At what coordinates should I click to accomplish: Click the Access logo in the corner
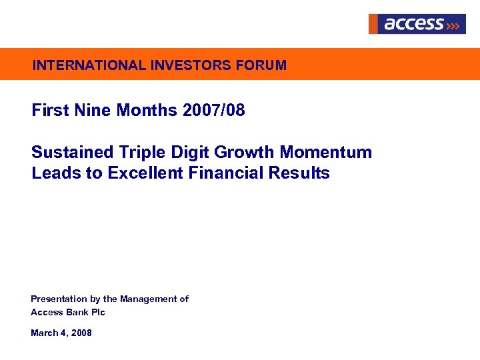[417, 24]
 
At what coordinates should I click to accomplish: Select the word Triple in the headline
[143, 152]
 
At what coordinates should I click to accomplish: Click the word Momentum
[326, 152]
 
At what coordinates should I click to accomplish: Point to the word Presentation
[59, 299]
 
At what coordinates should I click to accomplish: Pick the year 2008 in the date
[81, 333]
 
